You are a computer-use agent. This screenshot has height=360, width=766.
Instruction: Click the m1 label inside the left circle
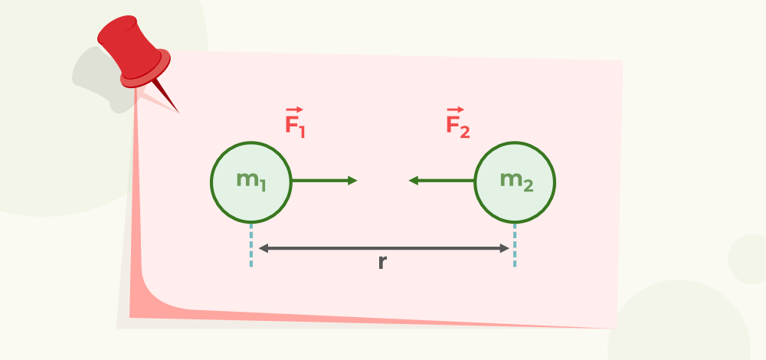click(x=251, y=181)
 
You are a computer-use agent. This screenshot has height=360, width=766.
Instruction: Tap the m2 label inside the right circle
click(x=516, y=181)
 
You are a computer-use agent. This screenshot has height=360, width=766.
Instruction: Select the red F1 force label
click(x=295, y=122)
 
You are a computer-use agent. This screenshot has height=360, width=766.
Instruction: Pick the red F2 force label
click(x=458, y=122)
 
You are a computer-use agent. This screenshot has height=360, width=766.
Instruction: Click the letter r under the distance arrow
click(x=382, y=262)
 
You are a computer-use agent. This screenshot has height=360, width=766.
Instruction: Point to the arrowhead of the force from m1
click(x=352, y=181)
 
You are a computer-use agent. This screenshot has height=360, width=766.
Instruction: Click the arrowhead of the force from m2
click(x=414, y=181)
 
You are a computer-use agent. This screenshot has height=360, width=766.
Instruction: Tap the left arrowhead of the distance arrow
click(x=264, y=249)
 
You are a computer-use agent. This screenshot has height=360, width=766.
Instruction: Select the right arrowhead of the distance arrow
click(x=504, y=249)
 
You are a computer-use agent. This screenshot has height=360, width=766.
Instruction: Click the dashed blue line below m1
click(x=251, y=245)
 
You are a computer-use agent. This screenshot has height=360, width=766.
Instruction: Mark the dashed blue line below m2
click(x=515, y=245)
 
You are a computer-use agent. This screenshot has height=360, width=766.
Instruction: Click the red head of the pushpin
click(x=133, y=52)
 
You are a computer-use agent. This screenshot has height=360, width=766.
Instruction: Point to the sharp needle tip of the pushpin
click(x=178, y=113)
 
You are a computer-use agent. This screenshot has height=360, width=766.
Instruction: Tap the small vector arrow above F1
click(x=295, y=110)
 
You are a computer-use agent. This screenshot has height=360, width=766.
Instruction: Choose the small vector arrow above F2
click(x=455, y=110)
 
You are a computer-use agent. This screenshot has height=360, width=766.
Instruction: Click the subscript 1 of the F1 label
click(x=302, y=131)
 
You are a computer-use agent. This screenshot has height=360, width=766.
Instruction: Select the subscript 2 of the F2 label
click(x=465, y=131)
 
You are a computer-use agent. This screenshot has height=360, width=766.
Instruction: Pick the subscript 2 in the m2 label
click(x=528, y=185)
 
